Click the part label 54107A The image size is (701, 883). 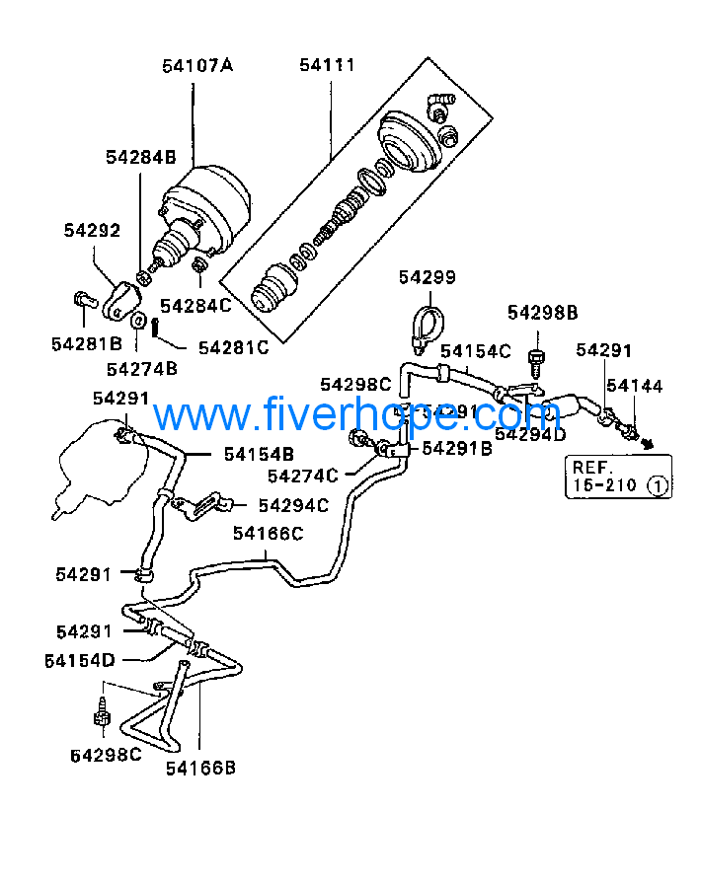click(x=197, y=66)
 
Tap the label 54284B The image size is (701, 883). click(x=140, y=157)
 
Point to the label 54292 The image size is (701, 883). click(x=92, y=230)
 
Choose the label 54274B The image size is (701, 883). click(x=141, y=369)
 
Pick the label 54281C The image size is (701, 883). click(x=233, y=347)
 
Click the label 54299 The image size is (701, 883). click(x=428, y=277)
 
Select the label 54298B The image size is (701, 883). click(x=542, y=313)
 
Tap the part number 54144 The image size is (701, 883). click(x=634, y=386)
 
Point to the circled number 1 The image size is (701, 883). click(x=658, y=485)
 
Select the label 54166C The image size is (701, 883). click(x=268, y=534)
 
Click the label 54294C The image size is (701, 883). click(x=293, y=505)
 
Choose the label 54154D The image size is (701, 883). click(x=79, y=659)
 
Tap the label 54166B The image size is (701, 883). click(x=199, y=767)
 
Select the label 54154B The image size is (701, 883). click(x=259, y=454)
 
